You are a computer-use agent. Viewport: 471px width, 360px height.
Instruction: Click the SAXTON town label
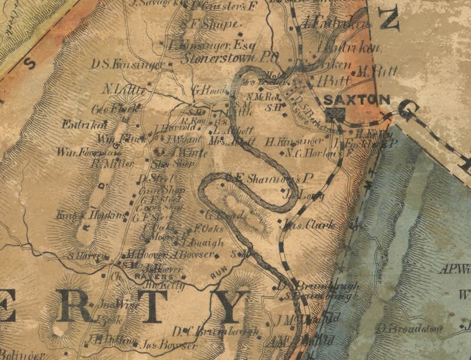357,100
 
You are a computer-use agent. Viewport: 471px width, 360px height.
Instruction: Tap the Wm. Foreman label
79,152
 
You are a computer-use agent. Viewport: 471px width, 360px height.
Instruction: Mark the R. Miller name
112,163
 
